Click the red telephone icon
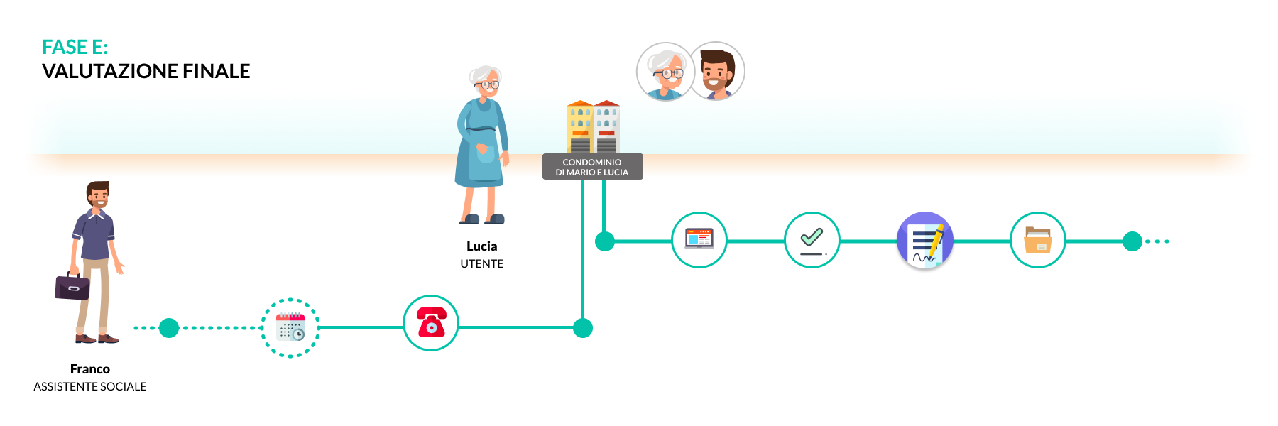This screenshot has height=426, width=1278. click(x=431, y=323)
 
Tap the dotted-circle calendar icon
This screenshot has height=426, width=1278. click(x=290, y=328)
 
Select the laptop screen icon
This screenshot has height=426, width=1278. click(x=699, y=239)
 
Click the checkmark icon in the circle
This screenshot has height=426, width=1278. click(x=812, y=240)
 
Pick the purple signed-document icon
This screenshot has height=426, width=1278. click(x=924, y=241)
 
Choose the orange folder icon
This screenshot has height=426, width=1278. click(x=1037, y=240)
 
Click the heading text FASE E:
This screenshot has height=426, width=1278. click(x=75, y=48)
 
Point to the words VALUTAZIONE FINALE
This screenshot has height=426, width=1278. click(x=146, y=72)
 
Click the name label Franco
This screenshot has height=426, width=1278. click(x=90, y=369)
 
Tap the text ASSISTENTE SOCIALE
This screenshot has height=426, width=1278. click(x=90, y=387)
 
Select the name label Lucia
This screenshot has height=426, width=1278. click(x=481, y=246)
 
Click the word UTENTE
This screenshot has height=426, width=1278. click(x=481, y=264)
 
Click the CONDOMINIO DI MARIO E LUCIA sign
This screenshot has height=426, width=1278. click(x=592, y=167)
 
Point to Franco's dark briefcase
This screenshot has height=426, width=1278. click(x=72, y=287)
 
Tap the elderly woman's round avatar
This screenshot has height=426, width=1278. click(x=665, y=71)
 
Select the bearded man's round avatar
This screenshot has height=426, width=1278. click(x=717, y=71)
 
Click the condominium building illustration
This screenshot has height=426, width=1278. click(x=594, y=127)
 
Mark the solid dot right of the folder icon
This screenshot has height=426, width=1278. click(x=1132, y=241)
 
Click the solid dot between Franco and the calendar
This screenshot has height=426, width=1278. click(x=169, y=328)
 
